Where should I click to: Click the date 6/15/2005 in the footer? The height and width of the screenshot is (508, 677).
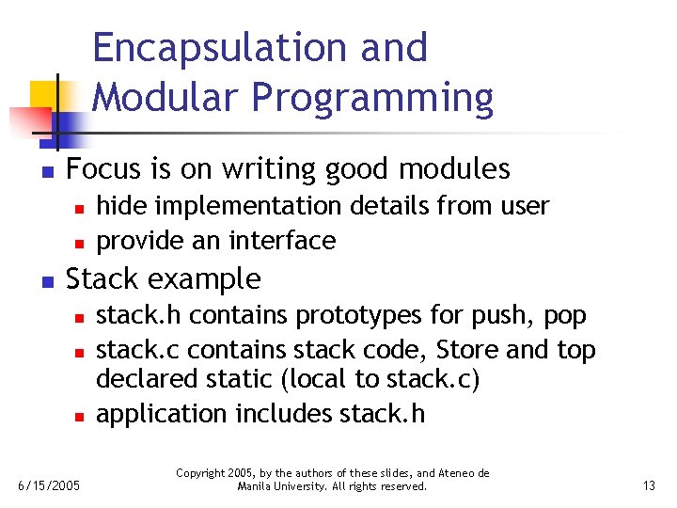click(49, 485)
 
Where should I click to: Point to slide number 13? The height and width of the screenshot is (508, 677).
click(648, 485)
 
